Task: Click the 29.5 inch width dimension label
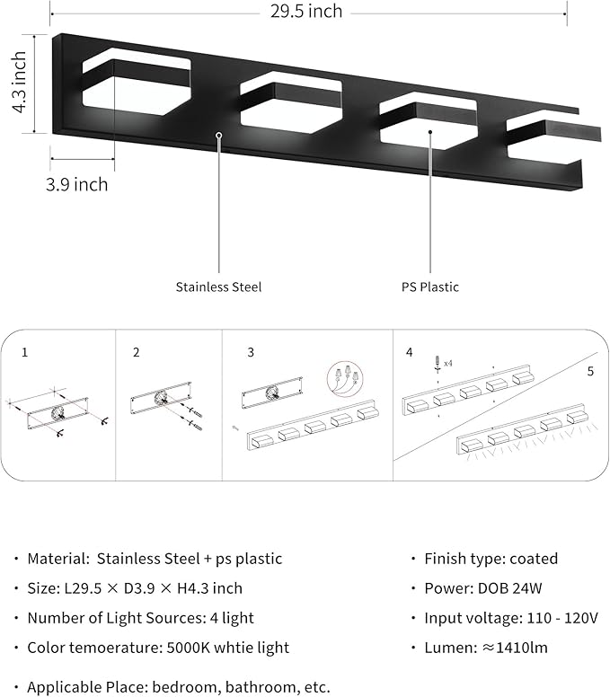(307, 12)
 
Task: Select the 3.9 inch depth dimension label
(78, 184)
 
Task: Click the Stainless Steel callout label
(218, 287)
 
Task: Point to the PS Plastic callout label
(429, 287)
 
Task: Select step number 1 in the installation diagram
(25, 353)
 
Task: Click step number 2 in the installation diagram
(137, 353)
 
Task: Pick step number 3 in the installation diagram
(251, 353)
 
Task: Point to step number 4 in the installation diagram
(410, 353)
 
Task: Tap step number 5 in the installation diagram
(589, 370)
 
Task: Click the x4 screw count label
(448, 363)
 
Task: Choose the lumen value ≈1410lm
(514, 647)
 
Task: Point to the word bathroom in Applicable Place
(225, 687)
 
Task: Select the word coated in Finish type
(534, 559)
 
